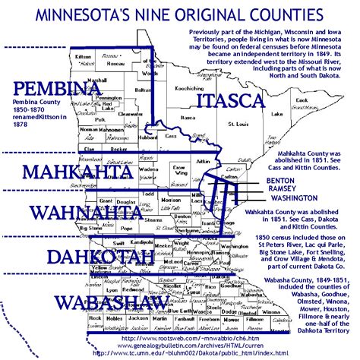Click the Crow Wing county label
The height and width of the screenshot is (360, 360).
coord(180,169)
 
